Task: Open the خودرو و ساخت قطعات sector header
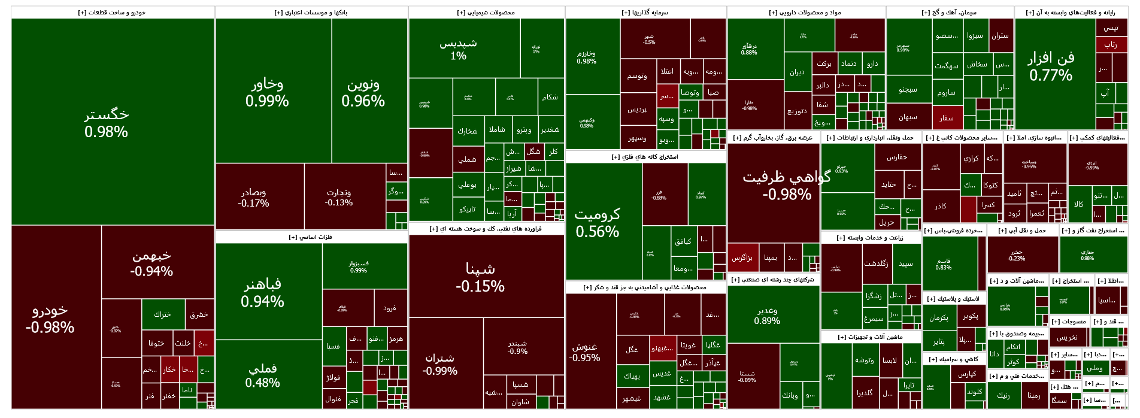(x=113, y=13)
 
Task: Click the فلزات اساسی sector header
(x=311, y=237)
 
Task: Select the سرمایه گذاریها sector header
(x=645, y=13)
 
